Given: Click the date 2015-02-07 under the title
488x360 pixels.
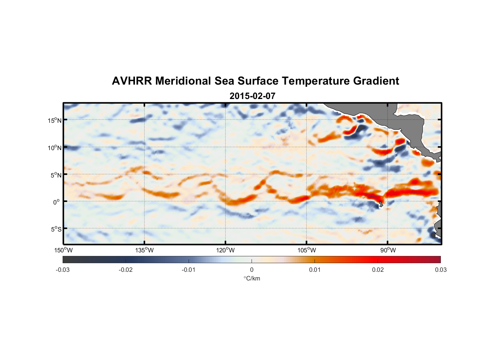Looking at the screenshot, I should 252,96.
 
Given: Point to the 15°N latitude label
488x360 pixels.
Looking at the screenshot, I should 54,120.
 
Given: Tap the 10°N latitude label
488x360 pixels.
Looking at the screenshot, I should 54,148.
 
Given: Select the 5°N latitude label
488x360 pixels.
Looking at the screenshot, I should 55,175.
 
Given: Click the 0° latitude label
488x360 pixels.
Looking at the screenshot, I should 56,202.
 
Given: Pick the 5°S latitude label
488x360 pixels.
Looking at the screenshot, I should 55,229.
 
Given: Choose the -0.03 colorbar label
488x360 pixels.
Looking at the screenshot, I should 63,270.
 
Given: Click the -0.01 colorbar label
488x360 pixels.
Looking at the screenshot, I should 189,270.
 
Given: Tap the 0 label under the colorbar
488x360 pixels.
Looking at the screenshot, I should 252,270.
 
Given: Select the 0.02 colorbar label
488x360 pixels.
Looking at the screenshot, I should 378,270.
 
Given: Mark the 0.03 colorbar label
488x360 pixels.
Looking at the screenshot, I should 440,270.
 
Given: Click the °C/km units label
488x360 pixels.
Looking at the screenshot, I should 252,278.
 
